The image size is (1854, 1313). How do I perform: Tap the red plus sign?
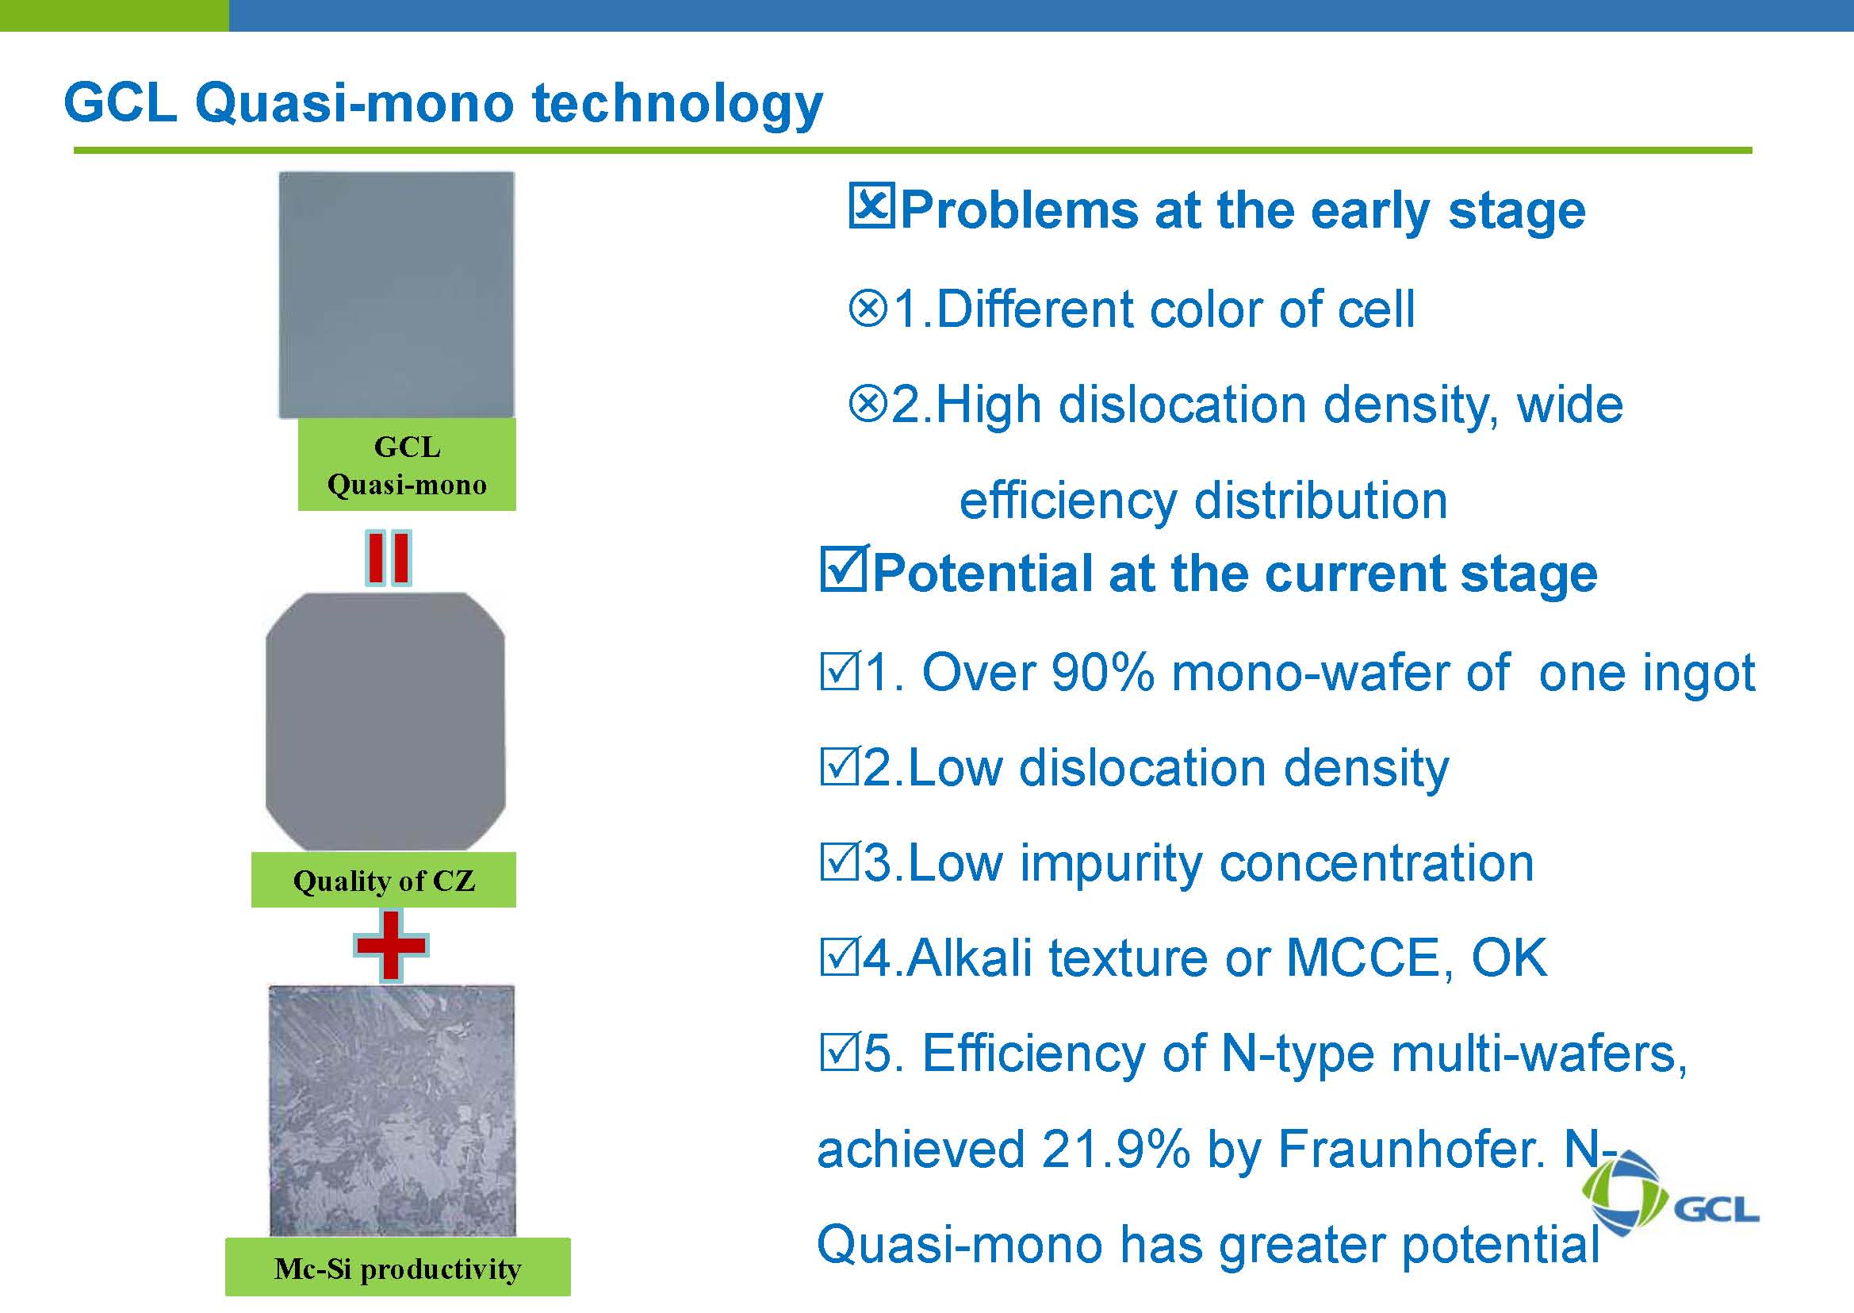(x=391, y=944)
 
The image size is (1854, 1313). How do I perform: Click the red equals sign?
(x=389, y=558)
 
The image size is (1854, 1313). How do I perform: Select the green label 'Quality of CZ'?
(x=383, y=880)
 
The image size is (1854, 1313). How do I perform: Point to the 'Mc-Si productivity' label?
(x=397, y=1268)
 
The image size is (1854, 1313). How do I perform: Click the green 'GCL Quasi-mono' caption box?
(x=407, y=464)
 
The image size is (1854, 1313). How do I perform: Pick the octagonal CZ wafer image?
(x=385, y=722)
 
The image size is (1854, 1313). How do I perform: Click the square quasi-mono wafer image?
(x=396, y=294)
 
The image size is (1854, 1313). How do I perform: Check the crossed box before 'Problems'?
(x=871, y=207)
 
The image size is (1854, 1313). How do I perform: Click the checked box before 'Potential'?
(x=844, y=569)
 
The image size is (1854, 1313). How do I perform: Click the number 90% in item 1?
(x=1101, y=673)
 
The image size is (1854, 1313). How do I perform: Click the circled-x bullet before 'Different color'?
(x=869, y=309)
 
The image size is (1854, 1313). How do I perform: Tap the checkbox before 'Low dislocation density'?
(x=839, y=767)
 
